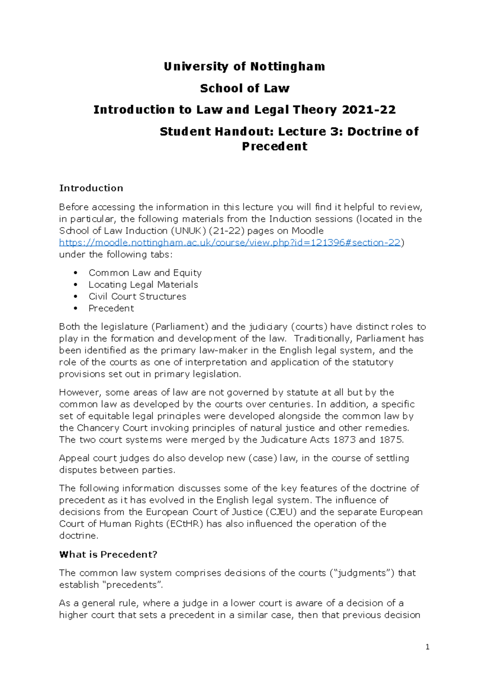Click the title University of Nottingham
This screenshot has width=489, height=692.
pos(244,66)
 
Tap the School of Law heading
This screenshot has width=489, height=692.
pos(244,88)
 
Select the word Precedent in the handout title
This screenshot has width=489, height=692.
pos(275,146)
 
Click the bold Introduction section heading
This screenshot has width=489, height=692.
pos(91,188)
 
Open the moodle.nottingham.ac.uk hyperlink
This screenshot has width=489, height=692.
pos(230,242)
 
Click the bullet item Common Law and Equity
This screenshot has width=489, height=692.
pos(145,273)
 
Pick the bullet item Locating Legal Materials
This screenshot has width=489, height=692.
pos(143,284)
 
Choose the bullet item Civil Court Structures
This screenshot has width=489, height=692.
pos(137,296)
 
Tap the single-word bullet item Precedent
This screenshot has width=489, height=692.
pos(111,308)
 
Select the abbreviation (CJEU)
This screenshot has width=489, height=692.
pos(281,512)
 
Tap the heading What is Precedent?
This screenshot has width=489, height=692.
pos(108,554)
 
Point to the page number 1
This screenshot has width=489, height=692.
pos(427,647)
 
